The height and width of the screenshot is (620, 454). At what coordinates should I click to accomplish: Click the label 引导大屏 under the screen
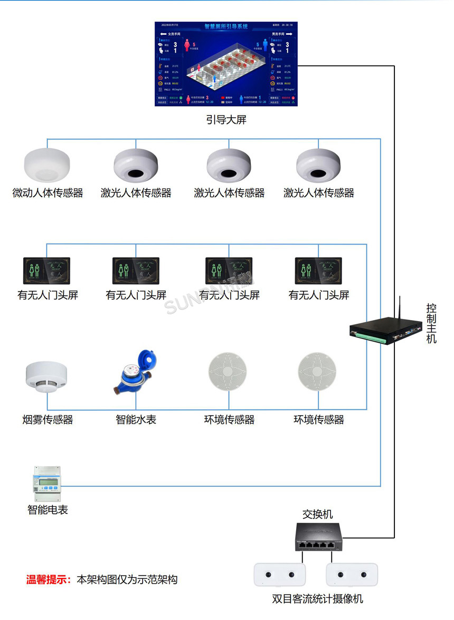(226, 120)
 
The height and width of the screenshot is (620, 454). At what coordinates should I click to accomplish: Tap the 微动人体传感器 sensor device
(47, 164)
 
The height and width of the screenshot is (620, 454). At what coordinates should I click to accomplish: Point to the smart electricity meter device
(46, 483)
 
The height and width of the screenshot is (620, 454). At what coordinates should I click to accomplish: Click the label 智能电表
(48, 510)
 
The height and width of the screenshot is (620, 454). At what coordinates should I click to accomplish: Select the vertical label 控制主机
(431, 324)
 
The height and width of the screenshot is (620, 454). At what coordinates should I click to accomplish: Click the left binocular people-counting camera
(280, 574)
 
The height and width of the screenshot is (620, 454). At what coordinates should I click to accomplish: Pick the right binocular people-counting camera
(352, 574)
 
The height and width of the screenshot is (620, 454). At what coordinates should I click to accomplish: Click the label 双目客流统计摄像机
(317, 599)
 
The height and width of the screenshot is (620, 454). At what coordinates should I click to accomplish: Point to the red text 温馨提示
(49, 579)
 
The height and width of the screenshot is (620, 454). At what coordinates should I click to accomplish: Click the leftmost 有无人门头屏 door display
(47, 270)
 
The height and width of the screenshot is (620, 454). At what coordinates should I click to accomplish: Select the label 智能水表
(136, 420)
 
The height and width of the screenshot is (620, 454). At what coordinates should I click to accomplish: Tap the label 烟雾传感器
(48, 420)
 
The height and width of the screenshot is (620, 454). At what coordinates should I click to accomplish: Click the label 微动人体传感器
(48, 193)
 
